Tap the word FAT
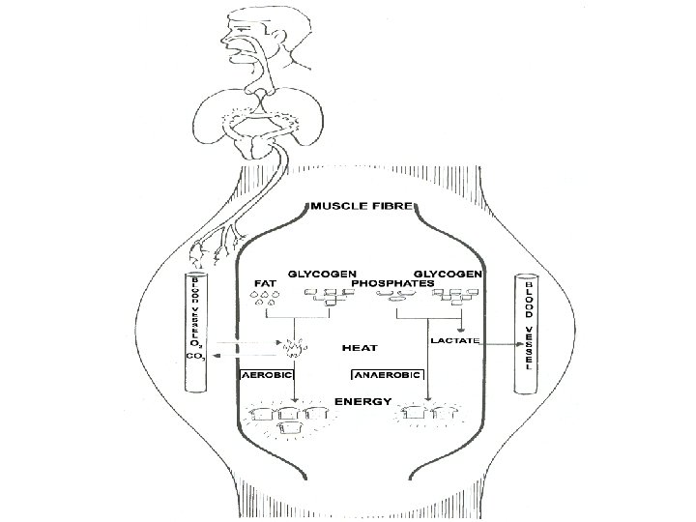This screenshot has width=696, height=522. click(x=264, y=284)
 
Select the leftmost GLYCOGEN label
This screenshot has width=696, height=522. click(x=323, y=275)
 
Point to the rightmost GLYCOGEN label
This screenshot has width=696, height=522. click(x=449, y=275)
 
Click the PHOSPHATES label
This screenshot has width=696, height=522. click(x=395, y=284)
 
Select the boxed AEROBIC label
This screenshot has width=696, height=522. click(x=268, y=373)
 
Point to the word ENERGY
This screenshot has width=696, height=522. click(x=362, y=399)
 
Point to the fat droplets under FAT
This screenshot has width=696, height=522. click(x=264, y=300)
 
